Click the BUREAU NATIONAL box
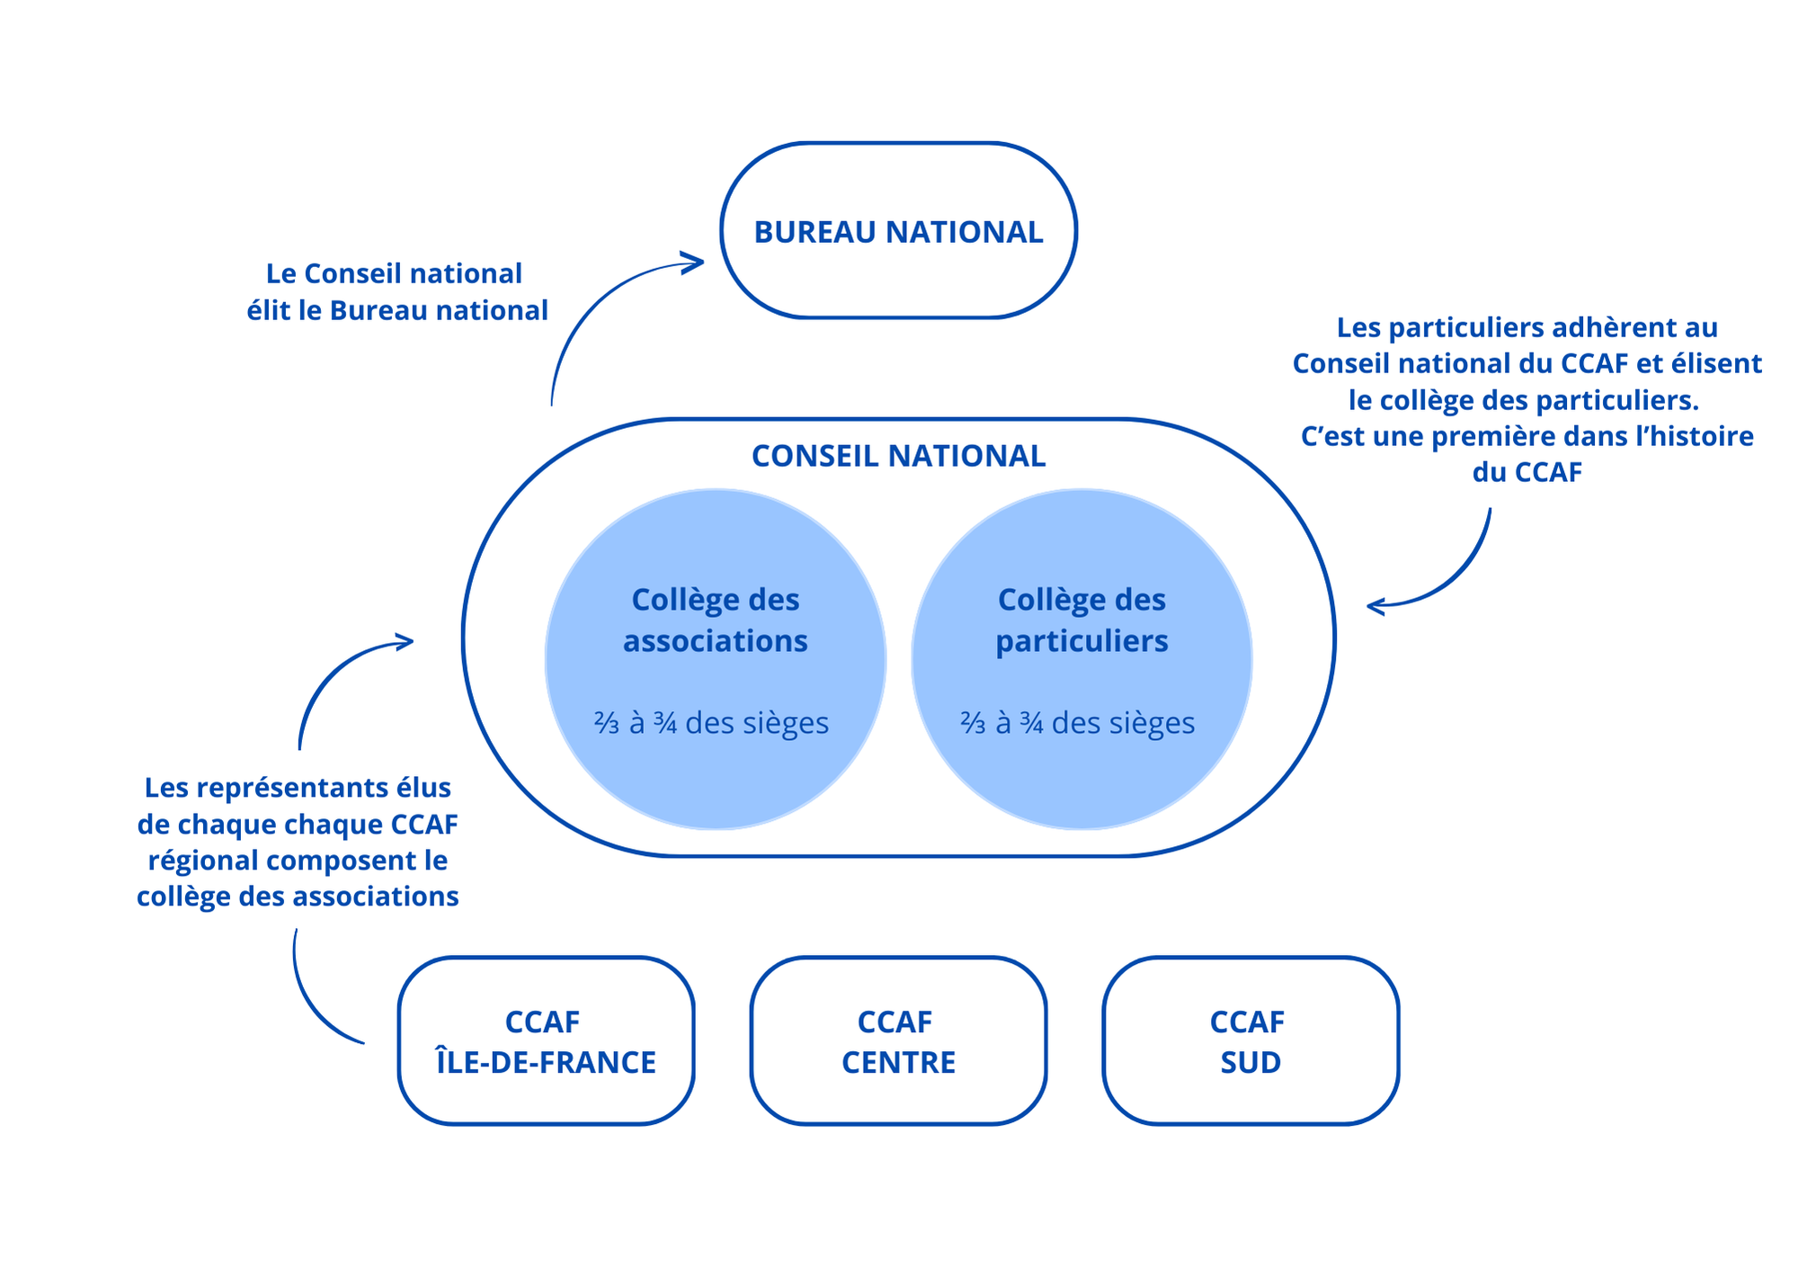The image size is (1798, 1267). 898,231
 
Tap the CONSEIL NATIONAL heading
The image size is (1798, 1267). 898,456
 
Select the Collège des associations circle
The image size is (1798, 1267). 715,659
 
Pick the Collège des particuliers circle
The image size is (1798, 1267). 1081,659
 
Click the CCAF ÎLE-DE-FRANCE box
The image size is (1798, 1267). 546,1040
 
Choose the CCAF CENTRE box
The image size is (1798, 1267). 898,1040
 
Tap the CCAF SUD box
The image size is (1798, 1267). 1251,1040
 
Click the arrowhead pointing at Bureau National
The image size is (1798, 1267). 694,263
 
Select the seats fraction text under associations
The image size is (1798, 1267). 711,723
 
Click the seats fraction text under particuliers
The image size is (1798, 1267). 1077,723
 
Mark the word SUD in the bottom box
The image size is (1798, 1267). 1251,1062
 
